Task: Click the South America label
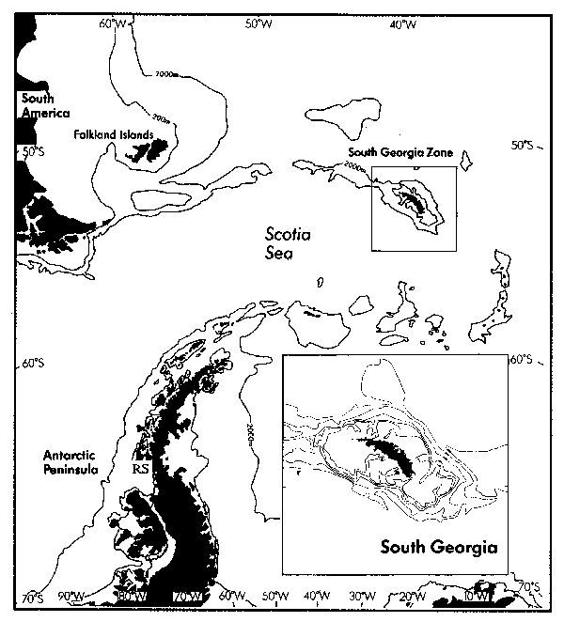click(38, 105)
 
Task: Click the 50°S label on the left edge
click(32, 150)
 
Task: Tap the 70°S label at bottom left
click(32, 598)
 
